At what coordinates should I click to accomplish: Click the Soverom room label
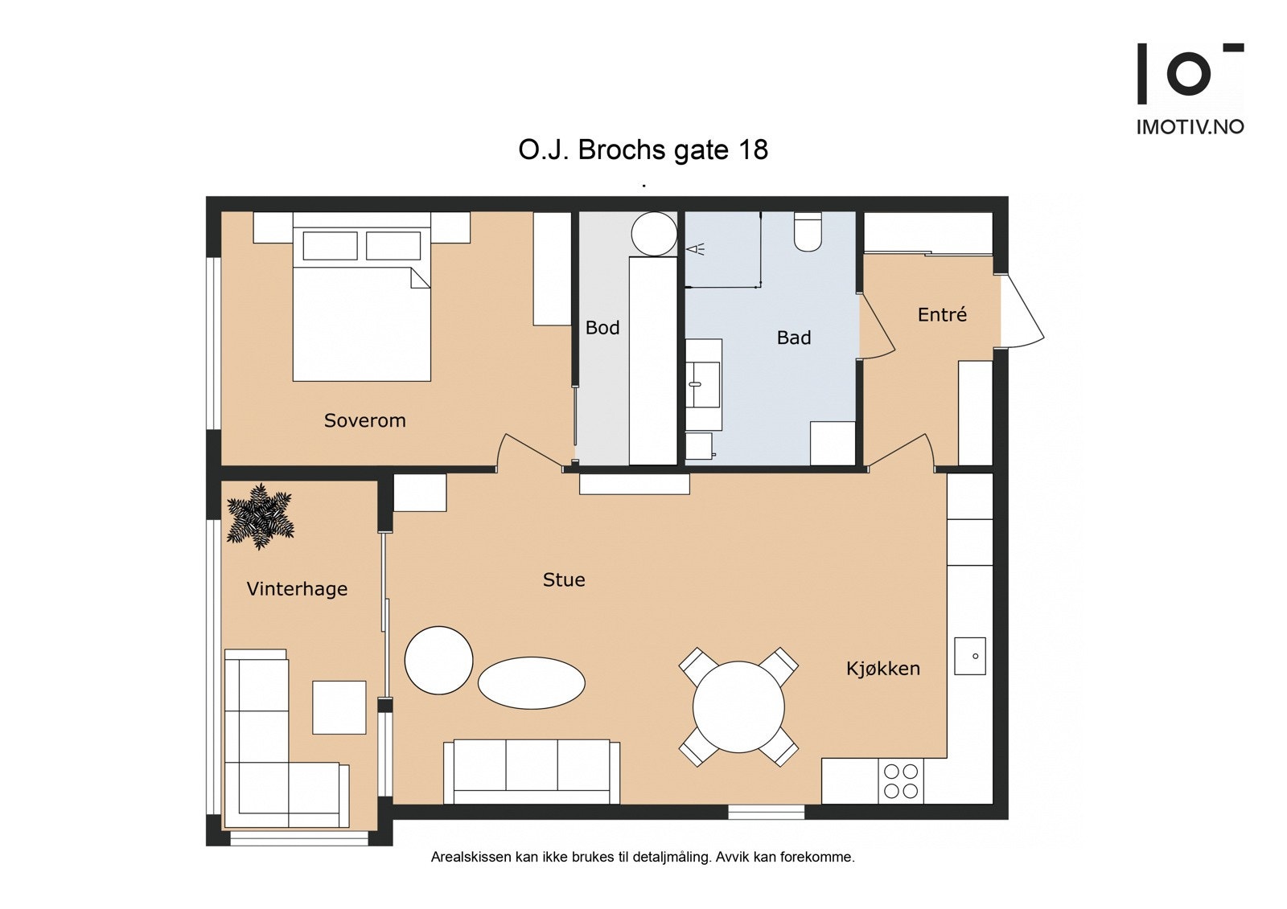tap(365, 420)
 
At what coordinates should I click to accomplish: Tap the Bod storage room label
tap(602, 327)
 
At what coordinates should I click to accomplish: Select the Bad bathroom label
tap(794, 337)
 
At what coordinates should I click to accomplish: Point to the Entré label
tap(942, 314)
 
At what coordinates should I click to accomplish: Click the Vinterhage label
tap(297, 588)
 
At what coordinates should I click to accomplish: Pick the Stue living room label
tap(564, 579)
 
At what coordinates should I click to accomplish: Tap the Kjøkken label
tap(883, 669)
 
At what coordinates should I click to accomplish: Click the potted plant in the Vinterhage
tap(261, 516)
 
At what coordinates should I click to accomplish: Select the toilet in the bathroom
tap(808, 231)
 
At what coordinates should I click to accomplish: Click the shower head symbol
tap(696, 249)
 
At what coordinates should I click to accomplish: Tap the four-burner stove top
tap(901, 781)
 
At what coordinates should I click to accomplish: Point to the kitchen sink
tap(970, 656)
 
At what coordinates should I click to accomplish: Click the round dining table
tap(738, 707)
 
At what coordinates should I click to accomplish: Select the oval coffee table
tap(532, 683)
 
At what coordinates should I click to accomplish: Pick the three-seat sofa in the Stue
tap(532, 772)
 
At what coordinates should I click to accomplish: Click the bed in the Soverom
tap(362, 297)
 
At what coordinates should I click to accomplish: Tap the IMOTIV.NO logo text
tap(1190, 127)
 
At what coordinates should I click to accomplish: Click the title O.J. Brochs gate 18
tap(643, 149)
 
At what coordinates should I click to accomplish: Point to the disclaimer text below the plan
tap(643, 858)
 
